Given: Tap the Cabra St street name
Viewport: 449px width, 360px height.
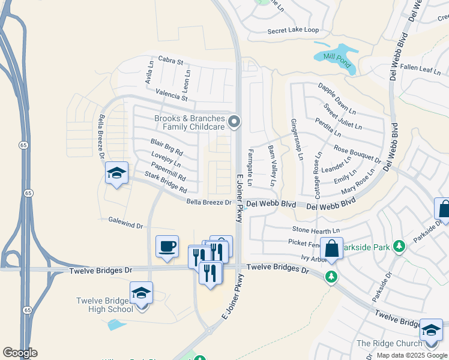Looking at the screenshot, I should [x=170, y=60].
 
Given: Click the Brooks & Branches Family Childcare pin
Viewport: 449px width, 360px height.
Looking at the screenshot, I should [x=235, y=122].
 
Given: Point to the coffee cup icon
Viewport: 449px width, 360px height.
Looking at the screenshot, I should [x=167, y=246].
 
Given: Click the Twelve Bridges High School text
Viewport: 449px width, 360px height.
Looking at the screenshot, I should [x=104, y=305].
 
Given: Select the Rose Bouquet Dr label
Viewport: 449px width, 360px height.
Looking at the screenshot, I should [x=357, y=155].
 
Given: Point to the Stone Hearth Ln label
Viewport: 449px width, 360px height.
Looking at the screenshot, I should [x=316, y=230].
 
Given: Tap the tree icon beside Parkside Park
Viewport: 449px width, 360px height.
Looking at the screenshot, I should [x=399, y=246].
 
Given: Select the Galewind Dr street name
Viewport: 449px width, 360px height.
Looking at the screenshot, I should [x=126, y=223].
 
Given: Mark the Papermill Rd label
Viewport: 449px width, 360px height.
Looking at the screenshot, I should [x=169, y=172].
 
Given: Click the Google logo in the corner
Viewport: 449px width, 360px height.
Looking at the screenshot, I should [x=20, y=353].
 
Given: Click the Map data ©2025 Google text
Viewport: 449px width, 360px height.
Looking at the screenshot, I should [x=412, y=355].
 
